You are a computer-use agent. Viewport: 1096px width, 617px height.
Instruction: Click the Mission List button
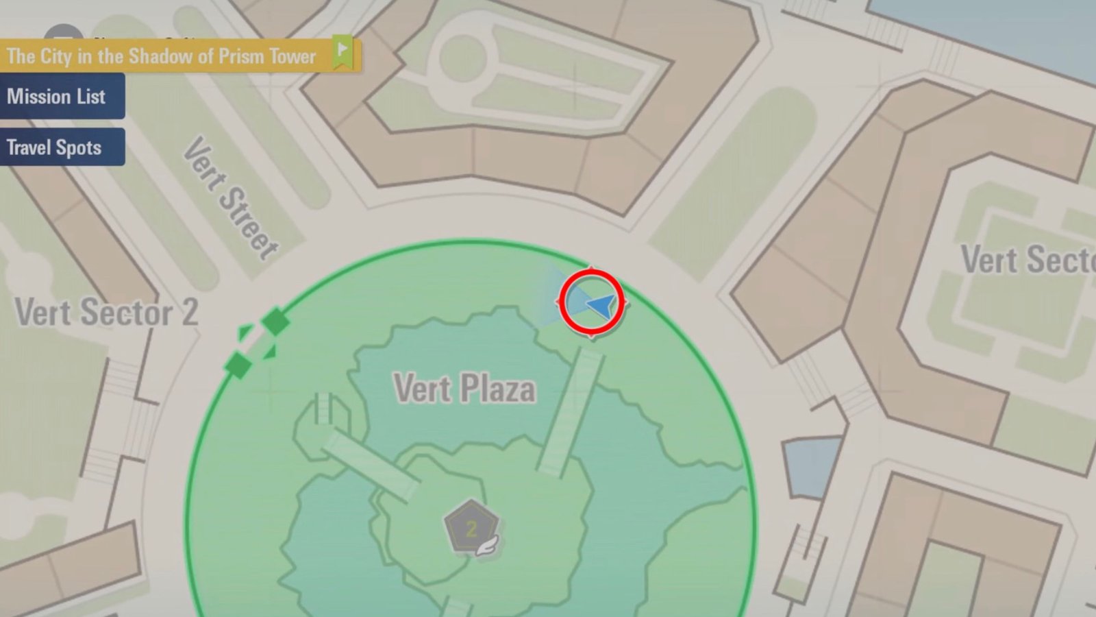(x=56, y=97)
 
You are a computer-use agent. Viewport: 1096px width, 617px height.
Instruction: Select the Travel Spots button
(x=54, y=147)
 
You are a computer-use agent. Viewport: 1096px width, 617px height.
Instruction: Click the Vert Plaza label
(x=464, y=389)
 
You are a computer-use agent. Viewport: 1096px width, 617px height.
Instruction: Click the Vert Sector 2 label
(x=106, y=313)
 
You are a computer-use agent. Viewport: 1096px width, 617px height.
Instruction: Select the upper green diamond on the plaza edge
(x=275, y=321)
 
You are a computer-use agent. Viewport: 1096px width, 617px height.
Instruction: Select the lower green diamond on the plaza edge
(x=238, y=364)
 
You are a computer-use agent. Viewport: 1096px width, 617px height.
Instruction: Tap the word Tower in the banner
(x=292, y=56)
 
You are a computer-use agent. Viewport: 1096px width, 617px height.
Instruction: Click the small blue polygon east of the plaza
(x=812, y=466)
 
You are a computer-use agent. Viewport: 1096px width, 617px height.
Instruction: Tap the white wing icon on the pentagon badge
(x=489, y=546)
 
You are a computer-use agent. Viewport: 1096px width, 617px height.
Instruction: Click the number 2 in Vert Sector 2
(x=189, y=313)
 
